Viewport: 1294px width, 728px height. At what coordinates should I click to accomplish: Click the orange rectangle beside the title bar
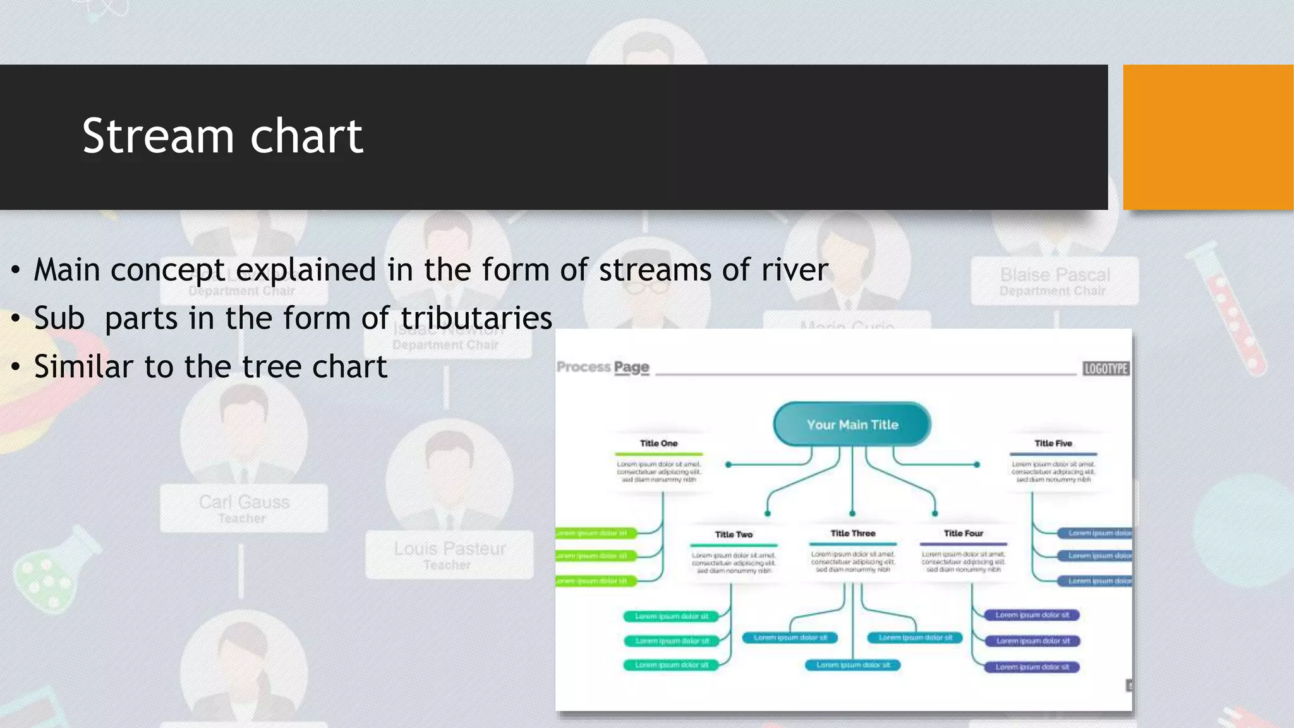click(1207, 137)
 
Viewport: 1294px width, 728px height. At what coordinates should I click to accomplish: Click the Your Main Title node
click(852, 425)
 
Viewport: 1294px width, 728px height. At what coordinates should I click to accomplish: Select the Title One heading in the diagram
click(658, 444)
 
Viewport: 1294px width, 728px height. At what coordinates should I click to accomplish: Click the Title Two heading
click(734, 535)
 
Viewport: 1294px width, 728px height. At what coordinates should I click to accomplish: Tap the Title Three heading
click(852, 533)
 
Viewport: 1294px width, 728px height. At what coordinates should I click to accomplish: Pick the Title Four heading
click(963, 533)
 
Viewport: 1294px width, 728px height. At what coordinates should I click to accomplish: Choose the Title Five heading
click(1053, 444)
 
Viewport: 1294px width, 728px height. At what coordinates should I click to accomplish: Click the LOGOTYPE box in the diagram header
click(1106, 369)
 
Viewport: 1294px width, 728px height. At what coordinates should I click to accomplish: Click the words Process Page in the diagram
click(603, 367)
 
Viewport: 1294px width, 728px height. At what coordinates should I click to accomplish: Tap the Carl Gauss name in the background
click(244, 502)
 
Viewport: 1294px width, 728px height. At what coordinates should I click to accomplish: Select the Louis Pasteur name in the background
click(449, 549)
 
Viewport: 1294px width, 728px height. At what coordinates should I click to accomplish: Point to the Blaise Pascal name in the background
click(1055, 275)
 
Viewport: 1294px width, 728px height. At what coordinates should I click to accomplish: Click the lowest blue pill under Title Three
click(852, 665)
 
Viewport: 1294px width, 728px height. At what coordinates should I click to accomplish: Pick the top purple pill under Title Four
click(1032, 615)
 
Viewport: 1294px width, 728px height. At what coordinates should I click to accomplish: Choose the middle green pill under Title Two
click(671, 641)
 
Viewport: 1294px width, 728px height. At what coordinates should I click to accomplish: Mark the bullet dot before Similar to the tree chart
click(16, 367)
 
